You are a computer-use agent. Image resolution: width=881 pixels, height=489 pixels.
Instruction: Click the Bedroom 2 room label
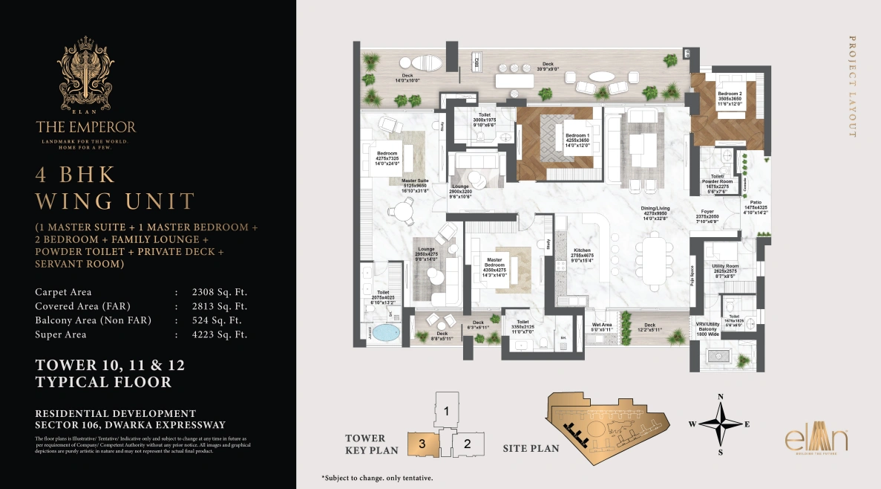pyautogui.click(x=730, y=94)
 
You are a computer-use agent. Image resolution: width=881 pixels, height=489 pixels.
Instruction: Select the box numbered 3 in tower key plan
pyautogui.click(x=422, y=444)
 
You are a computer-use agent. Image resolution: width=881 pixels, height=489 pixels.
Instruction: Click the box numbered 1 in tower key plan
pyautogui.click(x=446, y=410)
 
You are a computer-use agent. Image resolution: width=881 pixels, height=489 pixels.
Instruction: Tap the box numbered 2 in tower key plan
pyautogui.click(x=467, y=444)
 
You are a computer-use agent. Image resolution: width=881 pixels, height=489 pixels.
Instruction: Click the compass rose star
pyautogui.click(x=718, y=424)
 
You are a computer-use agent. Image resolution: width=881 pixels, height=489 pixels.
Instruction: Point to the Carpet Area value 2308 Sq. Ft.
pyautogui.click(x=218, y=292)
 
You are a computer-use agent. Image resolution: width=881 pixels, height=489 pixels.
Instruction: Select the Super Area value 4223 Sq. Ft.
pyautogui.click(x=218, y=334)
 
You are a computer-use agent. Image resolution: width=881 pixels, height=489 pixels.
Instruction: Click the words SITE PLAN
pyautogui.click(x=531, y=448)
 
